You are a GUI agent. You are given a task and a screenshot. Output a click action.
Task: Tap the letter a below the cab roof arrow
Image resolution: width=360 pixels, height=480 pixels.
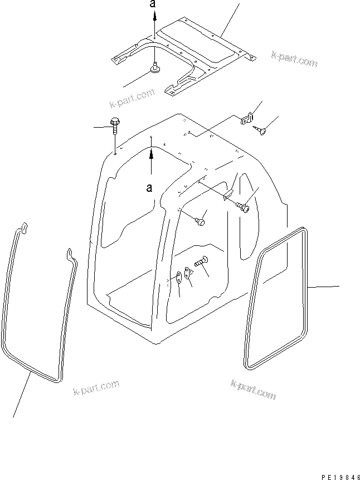click(x=150, y=188)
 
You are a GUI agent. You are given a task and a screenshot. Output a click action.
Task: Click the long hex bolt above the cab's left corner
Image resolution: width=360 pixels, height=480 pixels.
click(x=115, y=127)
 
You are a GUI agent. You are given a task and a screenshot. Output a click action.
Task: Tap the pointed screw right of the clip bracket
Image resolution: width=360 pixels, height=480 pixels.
click(x=261, y=130)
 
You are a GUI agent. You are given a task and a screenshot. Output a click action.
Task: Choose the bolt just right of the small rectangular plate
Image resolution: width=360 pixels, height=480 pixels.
click(x=243, y=207)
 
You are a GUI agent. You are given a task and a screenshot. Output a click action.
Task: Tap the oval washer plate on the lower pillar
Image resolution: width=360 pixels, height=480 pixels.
click(x=178, y=276)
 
